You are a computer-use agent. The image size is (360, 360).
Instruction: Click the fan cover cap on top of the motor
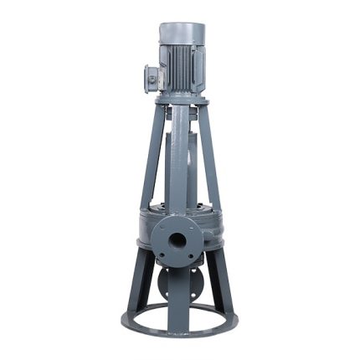coord(182,31)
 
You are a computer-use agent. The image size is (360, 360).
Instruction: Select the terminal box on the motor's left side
coord(152,77)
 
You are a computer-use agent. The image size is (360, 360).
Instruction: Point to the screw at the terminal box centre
coord(152,78)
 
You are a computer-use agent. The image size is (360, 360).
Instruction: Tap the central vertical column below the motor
coord(179,159)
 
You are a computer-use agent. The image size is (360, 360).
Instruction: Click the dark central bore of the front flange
coord(177,241)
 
